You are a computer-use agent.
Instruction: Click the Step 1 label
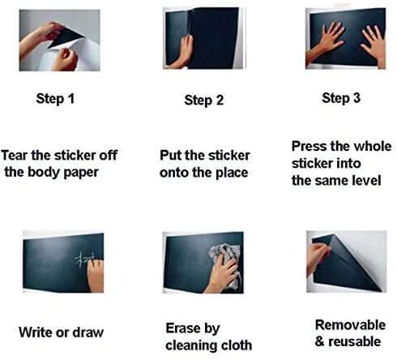[x=55, y=98]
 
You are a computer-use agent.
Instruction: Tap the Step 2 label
[x=204, y=100]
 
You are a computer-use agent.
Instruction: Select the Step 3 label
[x=341, y=98]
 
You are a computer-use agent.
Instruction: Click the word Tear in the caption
[x=15, y=156]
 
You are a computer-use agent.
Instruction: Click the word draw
[x=88, y=332]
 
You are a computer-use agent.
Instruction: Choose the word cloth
[x=237, y=345]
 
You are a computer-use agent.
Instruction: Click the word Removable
[x=350, y=325]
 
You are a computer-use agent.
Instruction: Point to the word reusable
[x=355, y=342]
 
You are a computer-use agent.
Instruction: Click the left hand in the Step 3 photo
[x=326, y=42]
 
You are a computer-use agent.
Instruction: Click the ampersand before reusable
[x=319, y=342]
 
